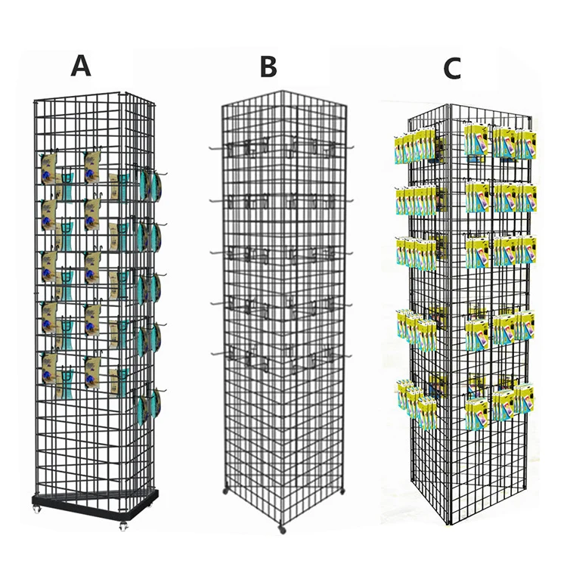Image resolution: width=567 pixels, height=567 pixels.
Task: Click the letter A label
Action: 80,66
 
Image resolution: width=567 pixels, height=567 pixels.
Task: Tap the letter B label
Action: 268,67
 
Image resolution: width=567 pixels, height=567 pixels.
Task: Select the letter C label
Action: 451,69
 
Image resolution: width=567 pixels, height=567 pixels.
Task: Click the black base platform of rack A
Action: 94,500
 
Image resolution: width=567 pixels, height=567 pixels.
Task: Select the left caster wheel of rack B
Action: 225,492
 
